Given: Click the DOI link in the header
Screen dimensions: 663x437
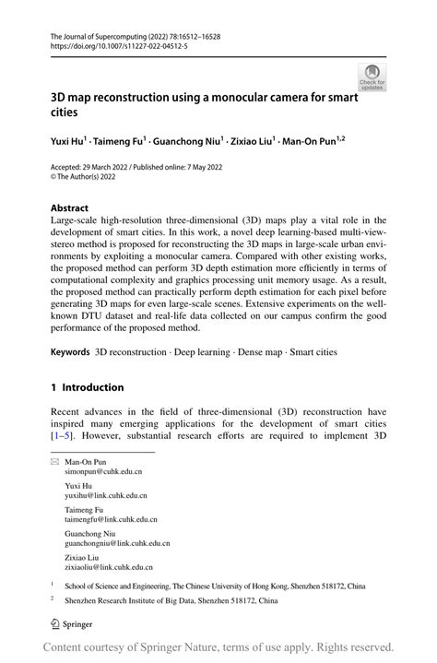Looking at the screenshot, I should pyautogui.click(x=110, y=43).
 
